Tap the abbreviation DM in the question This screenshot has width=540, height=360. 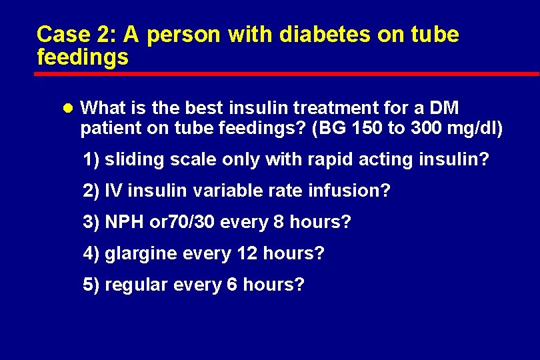point(444,108)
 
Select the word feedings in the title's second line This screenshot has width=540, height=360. point(83,57)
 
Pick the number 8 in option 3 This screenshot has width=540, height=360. point(279,222)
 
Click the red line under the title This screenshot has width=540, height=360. point(287,73)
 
